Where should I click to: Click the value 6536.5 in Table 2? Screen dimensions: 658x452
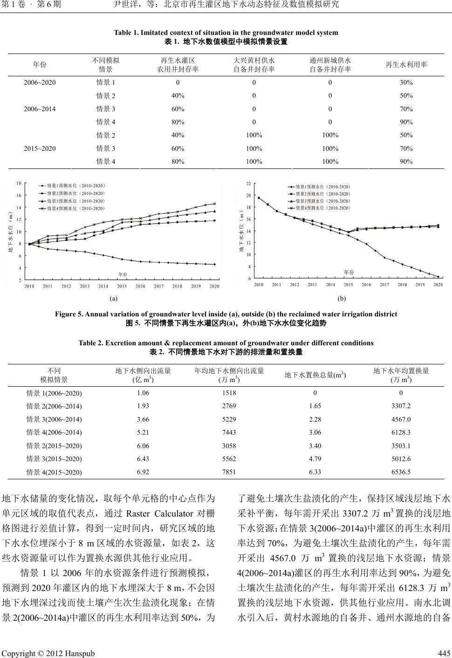coord(401,472)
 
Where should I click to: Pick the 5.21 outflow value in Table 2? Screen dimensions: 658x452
coord(143,432)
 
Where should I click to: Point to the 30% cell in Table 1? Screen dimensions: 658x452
coord(406,83)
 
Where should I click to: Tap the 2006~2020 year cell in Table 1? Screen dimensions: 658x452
coord(40,83)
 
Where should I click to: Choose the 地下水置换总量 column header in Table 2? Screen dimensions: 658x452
coord(315,375)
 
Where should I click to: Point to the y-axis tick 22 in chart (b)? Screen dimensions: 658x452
coord(248,184)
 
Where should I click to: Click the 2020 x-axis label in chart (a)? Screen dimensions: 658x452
coord(214,286)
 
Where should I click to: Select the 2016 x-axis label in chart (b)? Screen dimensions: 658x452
coord(366,284)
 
